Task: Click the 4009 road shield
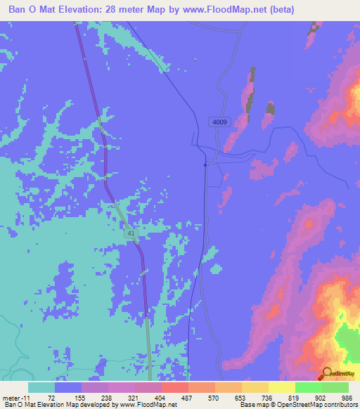219,122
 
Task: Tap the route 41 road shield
131,233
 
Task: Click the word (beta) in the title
279,9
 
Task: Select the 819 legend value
295,397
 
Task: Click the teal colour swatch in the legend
41,387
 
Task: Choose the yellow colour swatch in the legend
281,387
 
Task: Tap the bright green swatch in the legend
308,387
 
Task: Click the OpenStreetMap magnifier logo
326,374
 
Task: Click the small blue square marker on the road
205,166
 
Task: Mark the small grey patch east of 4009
270,108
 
